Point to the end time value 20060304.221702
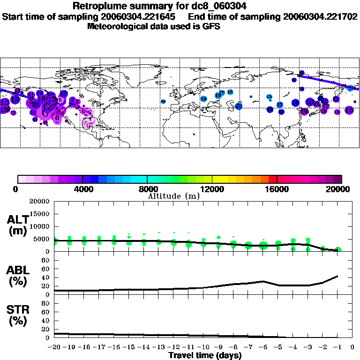320,16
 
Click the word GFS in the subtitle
211,26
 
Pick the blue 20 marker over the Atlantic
163,101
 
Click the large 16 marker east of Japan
349,110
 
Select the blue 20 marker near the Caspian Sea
239,106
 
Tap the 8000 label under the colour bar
147,189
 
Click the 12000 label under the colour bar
212,189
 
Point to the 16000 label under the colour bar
277,189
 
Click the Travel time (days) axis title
205,355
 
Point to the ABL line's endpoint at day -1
337,276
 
